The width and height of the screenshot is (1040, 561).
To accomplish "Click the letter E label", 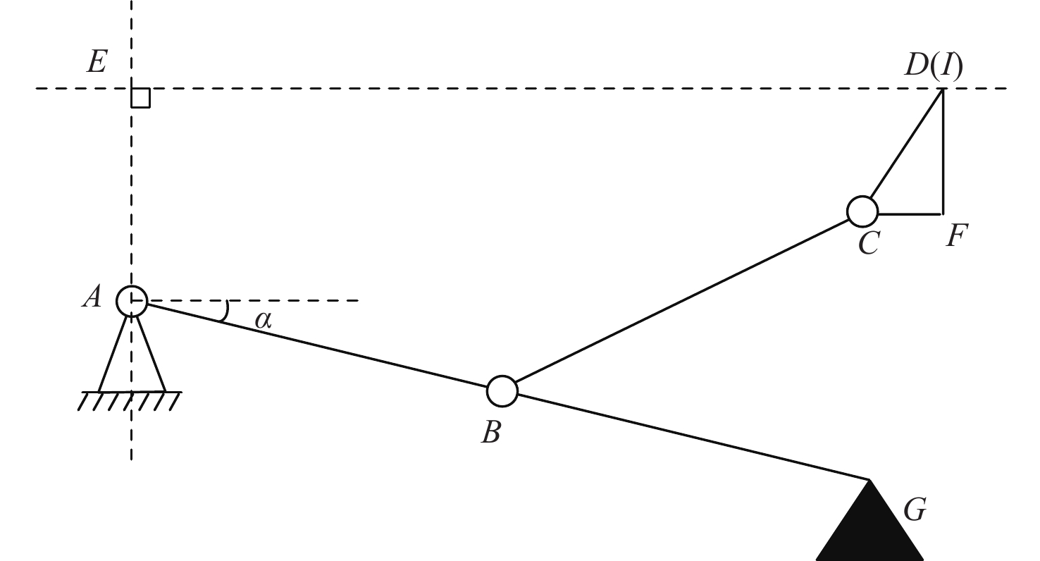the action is coord(97,61).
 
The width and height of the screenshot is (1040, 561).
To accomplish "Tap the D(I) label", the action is coord(934,65).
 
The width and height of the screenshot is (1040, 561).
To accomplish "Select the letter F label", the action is coord(956,235).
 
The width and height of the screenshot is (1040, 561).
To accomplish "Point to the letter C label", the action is coord(869,243).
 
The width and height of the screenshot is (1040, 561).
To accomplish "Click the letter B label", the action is coord(491,432).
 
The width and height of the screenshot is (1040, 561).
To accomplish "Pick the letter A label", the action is coord(92,296).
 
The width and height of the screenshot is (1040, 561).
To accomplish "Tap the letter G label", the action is coord(915,510).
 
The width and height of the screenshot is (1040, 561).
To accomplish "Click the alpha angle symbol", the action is coord(264,319).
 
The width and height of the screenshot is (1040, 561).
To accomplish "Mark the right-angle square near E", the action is coord(141,98).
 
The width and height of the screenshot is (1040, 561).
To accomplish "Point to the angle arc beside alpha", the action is coord(227,311).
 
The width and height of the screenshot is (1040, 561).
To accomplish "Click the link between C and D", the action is coord(907,144).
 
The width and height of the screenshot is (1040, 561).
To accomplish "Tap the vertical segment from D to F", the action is coord(943,152).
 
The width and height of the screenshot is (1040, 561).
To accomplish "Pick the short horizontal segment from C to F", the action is coord(910,214).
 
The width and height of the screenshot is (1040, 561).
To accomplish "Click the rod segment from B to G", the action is coord(693,436).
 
